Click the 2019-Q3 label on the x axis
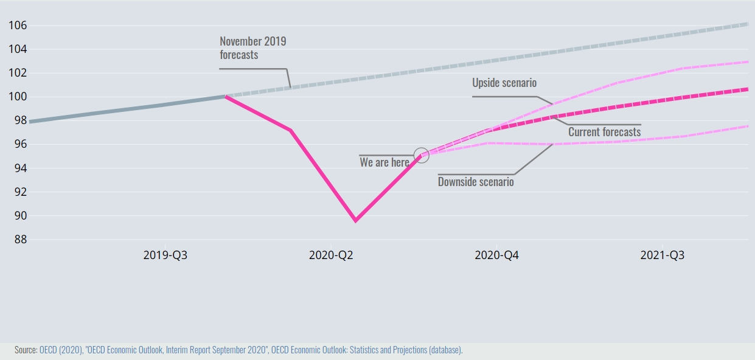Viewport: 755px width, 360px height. [165, 255]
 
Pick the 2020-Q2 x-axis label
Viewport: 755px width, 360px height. [332, 255]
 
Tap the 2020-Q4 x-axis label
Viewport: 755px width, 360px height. [497, 255]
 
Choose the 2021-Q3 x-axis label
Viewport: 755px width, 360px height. [663, 255]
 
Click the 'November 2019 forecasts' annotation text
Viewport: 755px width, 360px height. [252, 48]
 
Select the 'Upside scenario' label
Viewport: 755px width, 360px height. [504, 83]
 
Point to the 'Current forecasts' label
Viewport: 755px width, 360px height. [604, 132]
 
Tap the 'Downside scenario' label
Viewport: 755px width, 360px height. [476, 181]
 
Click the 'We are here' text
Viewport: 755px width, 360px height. [384, 162]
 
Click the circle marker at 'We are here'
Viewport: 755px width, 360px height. [422, 155]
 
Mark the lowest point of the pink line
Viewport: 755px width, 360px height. [356, 220]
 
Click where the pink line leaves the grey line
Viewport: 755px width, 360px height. [226, 96]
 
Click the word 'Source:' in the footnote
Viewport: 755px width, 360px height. [26, 350]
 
